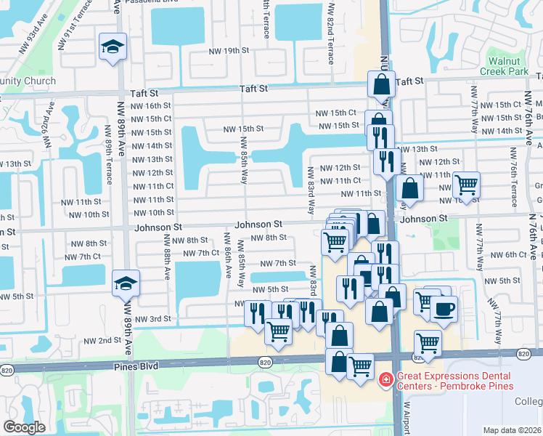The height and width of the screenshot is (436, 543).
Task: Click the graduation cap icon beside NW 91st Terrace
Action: [x=113, y=47]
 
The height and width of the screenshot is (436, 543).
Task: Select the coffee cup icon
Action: [x=444, y=309]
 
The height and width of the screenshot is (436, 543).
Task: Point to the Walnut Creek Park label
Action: [x=507, y=67]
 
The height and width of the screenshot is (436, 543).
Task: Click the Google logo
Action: [x=24, y=427]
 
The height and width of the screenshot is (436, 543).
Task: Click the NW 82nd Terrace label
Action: [x=331, y=33]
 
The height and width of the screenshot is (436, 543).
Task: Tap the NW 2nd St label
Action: [x=102, y=340]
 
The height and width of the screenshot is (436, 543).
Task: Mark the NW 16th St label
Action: [x=150, y=105]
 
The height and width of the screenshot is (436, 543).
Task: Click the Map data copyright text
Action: [x=513, y=430]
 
